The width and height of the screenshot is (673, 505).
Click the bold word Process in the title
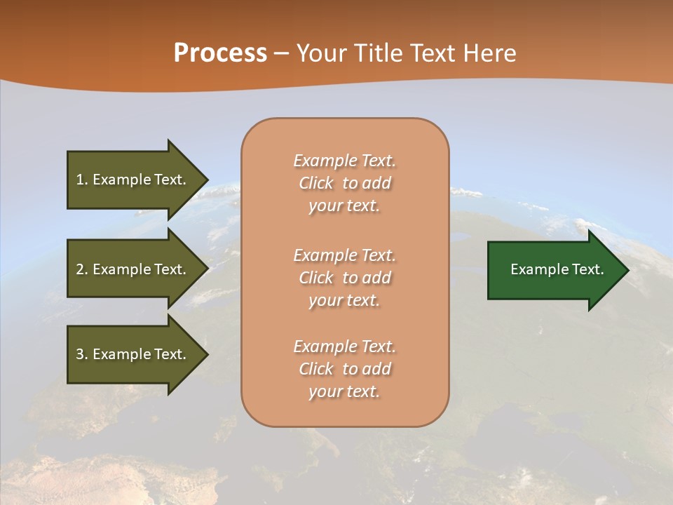coord(220,53)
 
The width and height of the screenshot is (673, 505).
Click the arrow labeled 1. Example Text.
coord(131,180)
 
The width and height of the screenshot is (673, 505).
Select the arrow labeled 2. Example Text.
coord(131,269)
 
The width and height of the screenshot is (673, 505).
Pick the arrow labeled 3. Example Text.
coord(131,354)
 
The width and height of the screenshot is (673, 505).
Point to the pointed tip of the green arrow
coord(625,270)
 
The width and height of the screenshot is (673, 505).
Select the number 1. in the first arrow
coord(82,180)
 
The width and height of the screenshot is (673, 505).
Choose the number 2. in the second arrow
coord(82,269)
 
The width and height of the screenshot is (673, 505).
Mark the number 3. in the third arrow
coord(82,354)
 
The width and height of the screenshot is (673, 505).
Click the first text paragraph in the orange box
coord(344,183)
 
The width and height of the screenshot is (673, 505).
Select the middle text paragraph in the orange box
coord(344,278)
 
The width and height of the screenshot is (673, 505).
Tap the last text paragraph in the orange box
coord(344,369)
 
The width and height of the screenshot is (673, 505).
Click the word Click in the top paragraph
coord(316,183)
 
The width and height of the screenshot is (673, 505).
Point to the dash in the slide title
coord(282,54)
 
